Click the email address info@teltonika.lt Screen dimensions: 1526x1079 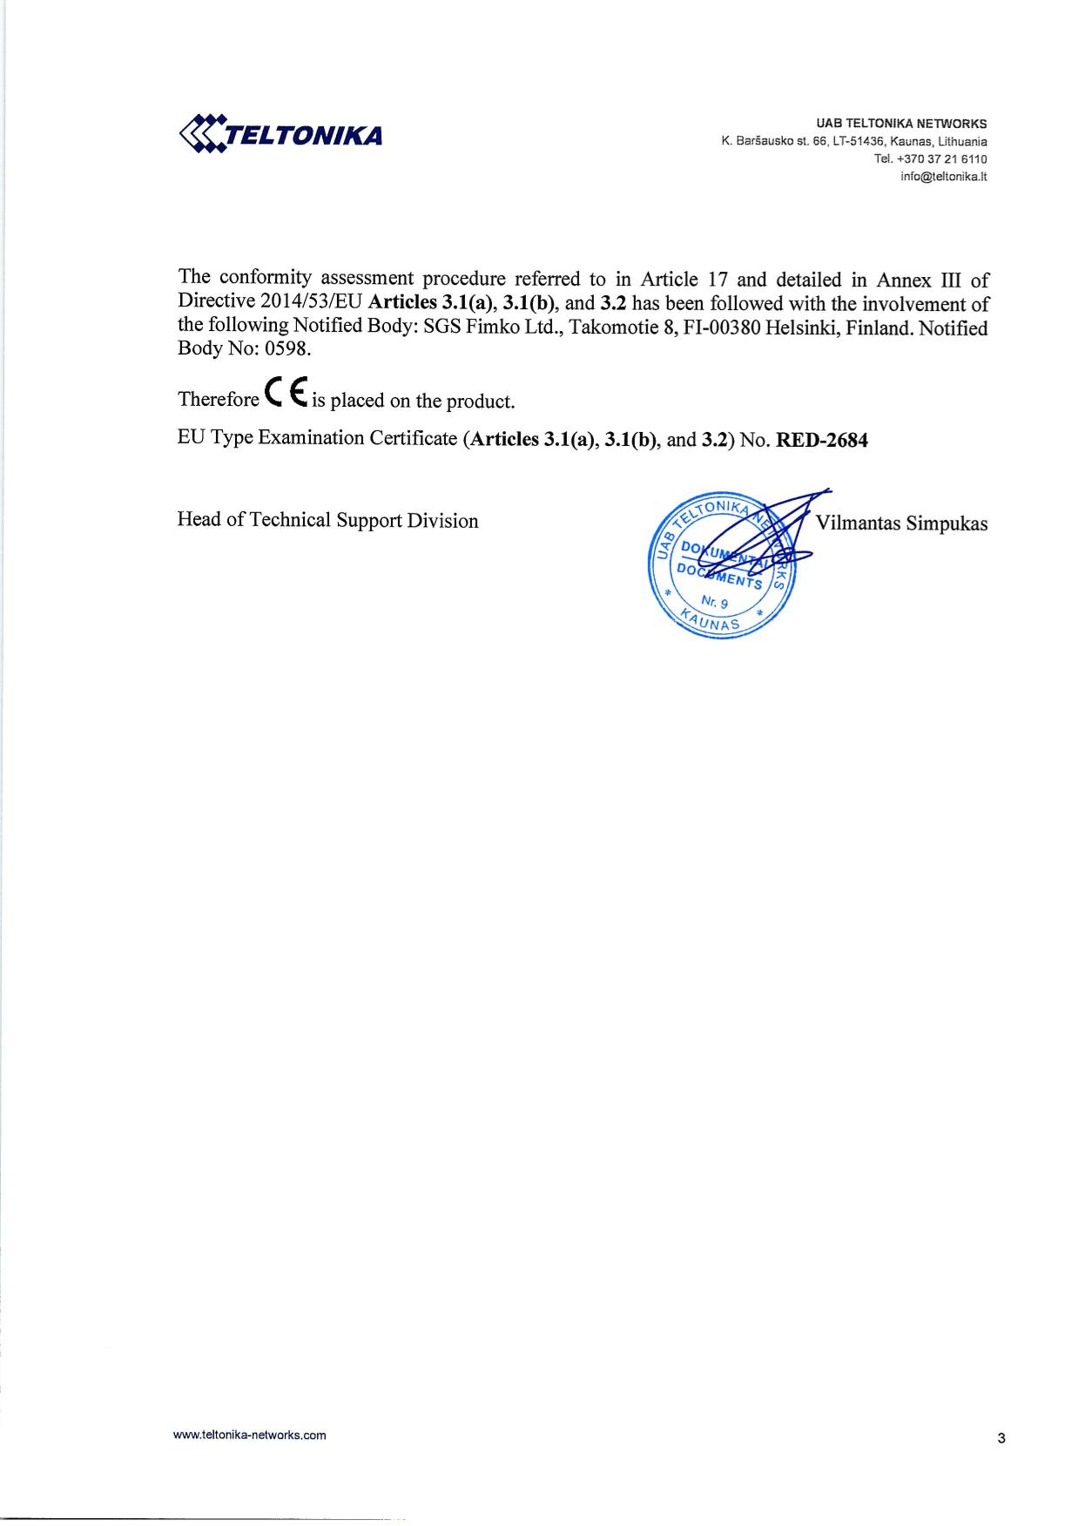pyautogui.click(x=943, y=177)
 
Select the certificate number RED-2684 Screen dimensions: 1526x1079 pyautogui.click(x=821, y=440)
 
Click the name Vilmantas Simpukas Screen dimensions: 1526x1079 pyautogui.click(x=901, y=523)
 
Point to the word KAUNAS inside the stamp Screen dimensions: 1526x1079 pyautogui.click(x=711, y=621)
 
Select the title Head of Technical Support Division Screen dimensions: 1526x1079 pyautogui.click(x=327, y=521)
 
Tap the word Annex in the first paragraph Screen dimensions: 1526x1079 pyautogui.click(x=901, y=280)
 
